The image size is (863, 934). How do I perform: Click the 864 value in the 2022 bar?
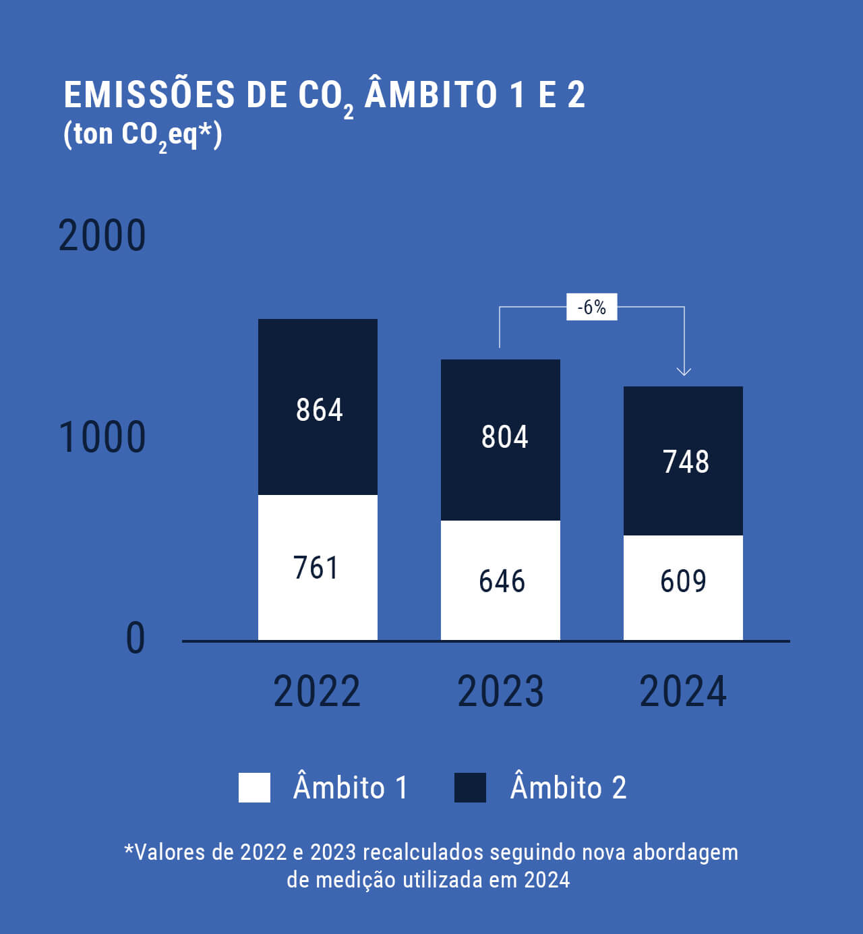(320, 409)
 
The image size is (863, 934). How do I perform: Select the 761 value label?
(316, 567)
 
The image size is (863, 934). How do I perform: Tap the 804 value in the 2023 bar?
(504, 436)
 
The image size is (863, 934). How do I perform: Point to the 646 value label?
(502, 581)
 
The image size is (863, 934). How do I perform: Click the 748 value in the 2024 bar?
(686, 462)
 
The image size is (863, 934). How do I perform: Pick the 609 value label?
(683, 581)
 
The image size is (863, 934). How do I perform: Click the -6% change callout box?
(591, 308)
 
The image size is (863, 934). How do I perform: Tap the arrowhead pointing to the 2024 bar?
(684, 370)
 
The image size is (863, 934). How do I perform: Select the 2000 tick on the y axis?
(102, 235)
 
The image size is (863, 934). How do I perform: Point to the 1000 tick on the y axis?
(102, 437)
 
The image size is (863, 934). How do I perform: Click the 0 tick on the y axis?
(136, 638)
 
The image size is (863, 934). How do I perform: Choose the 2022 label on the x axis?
(317, 691)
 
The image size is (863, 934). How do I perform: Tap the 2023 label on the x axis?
(500, 691)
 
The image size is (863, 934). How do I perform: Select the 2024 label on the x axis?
(683, 691)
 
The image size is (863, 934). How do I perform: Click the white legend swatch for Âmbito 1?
(254, 787)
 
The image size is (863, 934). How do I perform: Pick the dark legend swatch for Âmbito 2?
(470, 787)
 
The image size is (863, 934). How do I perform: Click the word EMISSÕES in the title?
(149, 94)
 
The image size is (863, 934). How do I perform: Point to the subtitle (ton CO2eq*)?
(142, 135)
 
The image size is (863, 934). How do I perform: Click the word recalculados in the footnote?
(423, 852)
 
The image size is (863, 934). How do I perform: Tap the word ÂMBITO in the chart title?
(431, 94)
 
